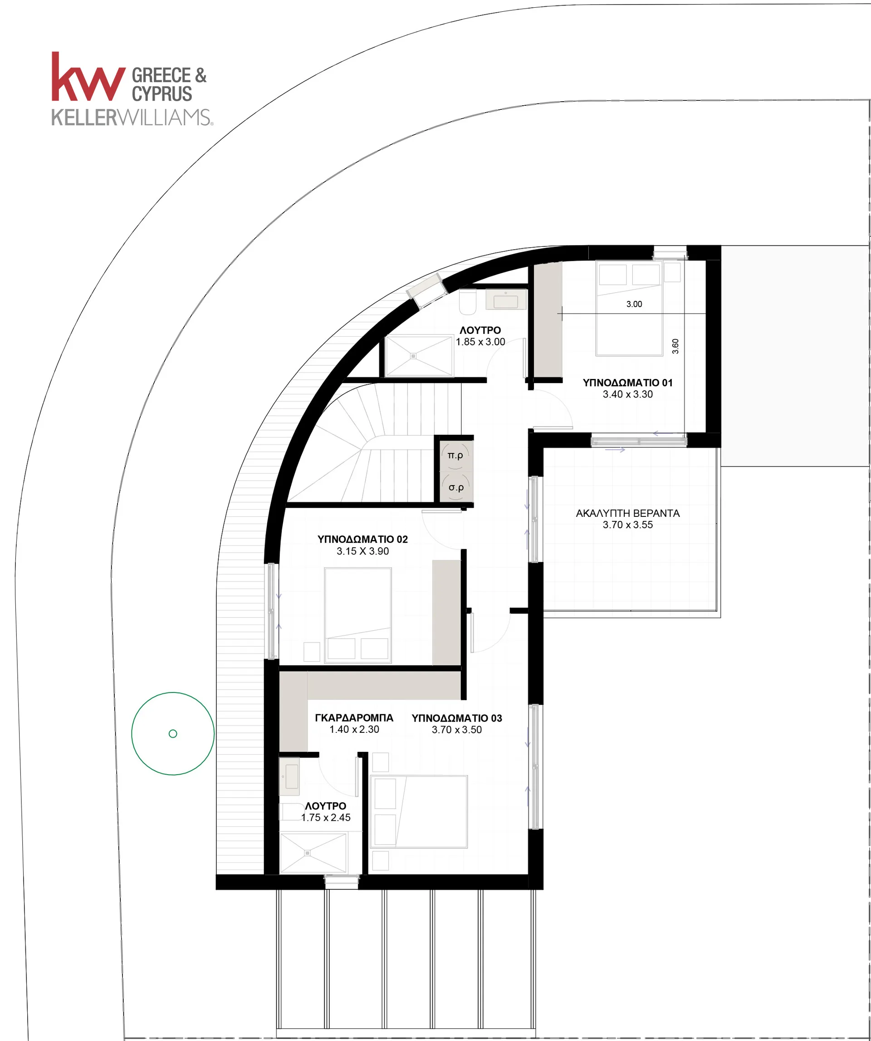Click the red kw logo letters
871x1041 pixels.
88,77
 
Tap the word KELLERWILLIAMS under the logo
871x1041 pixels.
132,118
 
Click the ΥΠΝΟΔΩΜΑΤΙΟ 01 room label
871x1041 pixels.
628,383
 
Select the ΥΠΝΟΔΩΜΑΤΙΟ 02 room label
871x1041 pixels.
362,540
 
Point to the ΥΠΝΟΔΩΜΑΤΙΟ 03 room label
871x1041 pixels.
457,718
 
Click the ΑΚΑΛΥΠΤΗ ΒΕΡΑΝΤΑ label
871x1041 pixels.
628,514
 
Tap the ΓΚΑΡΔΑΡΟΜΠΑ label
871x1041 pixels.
354,718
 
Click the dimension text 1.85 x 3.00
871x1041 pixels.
480,342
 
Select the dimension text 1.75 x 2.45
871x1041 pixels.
326,817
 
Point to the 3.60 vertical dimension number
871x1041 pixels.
675,346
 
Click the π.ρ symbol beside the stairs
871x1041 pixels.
455,455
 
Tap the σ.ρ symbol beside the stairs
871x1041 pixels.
456,487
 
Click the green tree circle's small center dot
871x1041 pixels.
173,734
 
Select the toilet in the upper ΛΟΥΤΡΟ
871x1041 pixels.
468,302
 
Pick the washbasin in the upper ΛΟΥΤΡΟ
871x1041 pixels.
506,300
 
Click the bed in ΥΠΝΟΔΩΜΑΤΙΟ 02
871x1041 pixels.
358,615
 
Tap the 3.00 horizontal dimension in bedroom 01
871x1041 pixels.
634,304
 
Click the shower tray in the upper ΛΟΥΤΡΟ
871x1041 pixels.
419,356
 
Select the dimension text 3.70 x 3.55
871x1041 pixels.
628,525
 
